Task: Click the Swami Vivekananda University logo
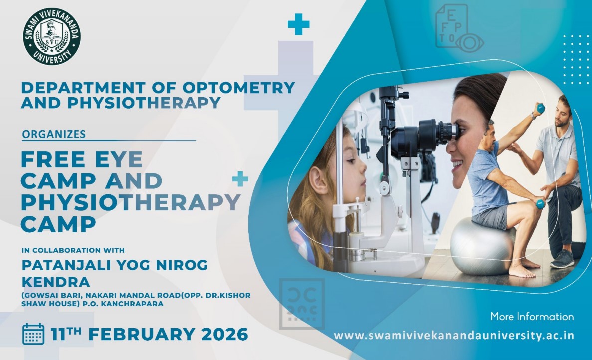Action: pos(52,36)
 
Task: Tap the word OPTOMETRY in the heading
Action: pos(238,88)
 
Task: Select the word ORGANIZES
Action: pos(54,134)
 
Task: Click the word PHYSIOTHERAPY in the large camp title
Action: pos(131,202)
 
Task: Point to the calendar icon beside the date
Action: pos(33,334)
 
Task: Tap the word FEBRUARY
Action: pos(142,335)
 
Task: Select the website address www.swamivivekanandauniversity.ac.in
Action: pos(454,336)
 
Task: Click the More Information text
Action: pos(532,316)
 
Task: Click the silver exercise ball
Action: pos(482,247)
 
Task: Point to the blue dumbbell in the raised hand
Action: pos(540,108)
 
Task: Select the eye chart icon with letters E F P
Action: pos(458,28)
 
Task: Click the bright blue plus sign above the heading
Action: pos(298,24)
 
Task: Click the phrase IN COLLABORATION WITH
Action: pos(73,250)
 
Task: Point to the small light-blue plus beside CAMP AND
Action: pos(240,179)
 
